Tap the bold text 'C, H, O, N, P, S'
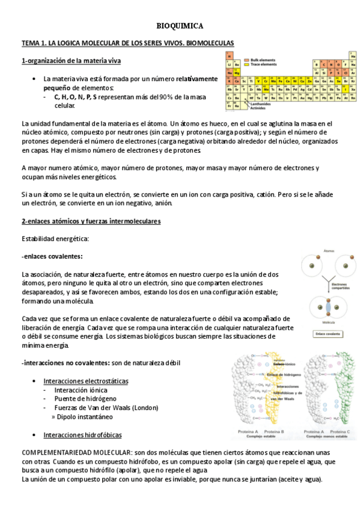tap(75, 97)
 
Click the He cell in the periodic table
tap(353, 56)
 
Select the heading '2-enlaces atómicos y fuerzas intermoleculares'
tap(90, 221)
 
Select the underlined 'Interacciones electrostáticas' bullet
tap(85, 381)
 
